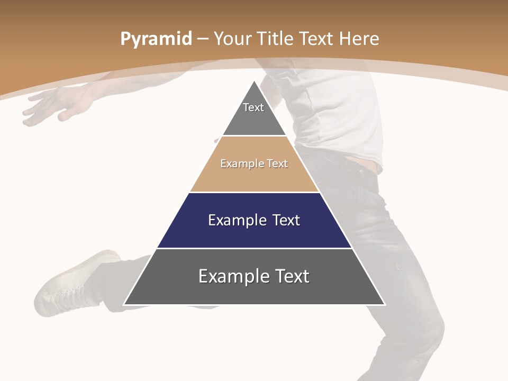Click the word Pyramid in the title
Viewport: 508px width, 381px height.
pos(156,39)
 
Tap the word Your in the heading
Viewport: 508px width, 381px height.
pos(233,39)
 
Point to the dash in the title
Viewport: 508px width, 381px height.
pos(202,39)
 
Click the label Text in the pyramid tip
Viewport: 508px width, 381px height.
pos(253,107)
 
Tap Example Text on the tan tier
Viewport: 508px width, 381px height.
pos(254,164)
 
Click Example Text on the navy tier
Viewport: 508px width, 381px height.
pos(254,220)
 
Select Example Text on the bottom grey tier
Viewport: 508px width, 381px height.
pos(254,276)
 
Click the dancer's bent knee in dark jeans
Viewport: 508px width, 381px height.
pos(418,323)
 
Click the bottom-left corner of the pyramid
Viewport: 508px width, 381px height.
pos(124,305)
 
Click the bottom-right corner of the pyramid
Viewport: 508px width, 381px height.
pos(385,305)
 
